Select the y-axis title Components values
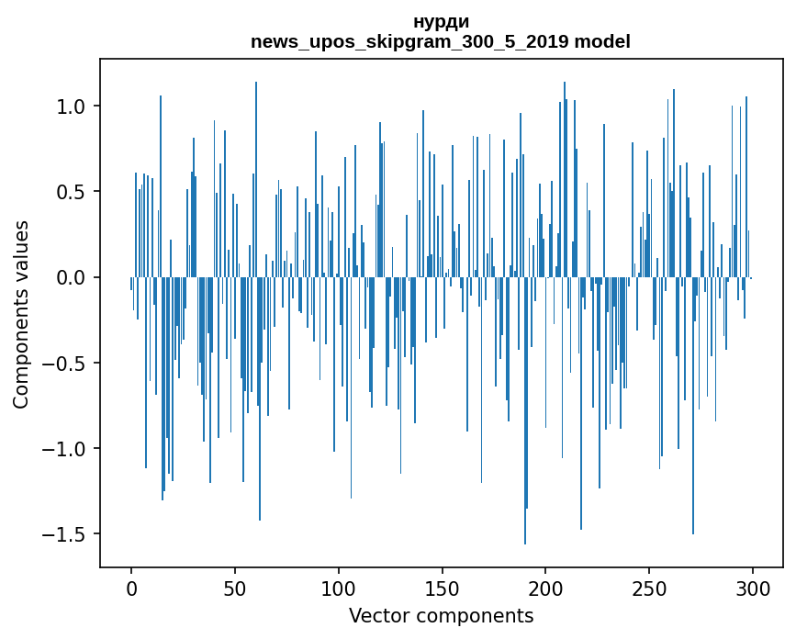click(x=21, y=314)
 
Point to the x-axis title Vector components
click(x=441, y=615)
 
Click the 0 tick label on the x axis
click(x=131, y=587)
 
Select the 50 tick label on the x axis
click(x=235, y=587)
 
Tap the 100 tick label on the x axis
click(x=338, y=587)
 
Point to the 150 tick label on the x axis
click(x=442, y=587)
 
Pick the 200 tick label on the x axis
click(x=545, y=587)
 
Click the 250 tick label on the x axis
click(x=649, y=587)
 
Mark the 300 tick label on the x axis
click(x=752, y=587)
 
